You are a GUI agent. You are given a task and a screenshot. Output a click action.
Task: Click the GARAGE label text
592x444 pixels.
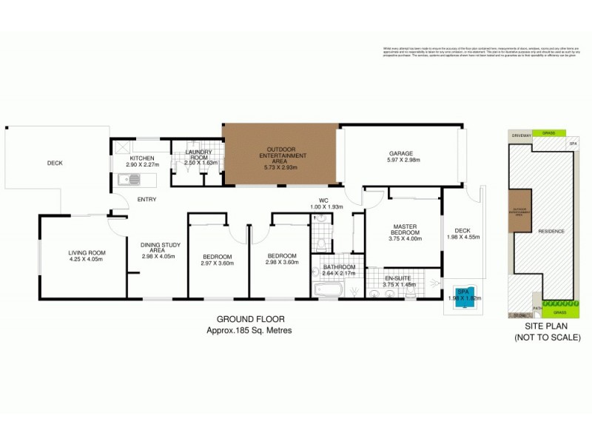[x=402, y=154]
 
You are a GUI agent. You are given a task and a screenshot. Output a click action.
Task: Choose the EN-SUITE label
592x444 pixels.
[x=400, y=278]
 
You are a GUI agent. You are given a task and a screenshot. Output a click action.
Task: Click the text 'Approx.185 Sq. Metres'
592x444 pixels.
[x=249, y=330]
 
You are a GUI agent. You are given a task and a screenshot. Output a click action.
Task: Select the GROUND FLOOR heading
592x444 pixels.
[x=249, y=320]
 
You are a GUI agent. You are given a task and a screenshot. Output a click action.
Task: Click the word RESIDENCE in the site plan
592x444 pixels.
[x=551, y=231]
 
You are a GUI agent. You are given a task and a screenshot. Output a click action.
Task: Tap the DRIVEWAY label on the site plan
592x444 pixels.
[x=519, y=134]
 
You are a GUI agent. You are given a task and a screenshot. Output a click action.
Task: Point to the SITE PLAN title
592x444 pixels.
[x=544, y=327]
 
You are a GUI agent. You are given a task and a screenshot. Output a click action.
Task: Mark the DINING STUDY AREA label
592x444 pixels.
[x=157, y=250]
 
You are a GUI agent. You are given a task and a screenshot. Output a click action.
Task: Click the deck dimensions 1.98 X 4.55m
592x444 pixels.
[x=462, y=238]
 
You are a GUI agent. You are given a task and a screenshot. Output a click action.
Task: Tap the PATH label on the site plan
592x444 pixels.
[x=537, y=307]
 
